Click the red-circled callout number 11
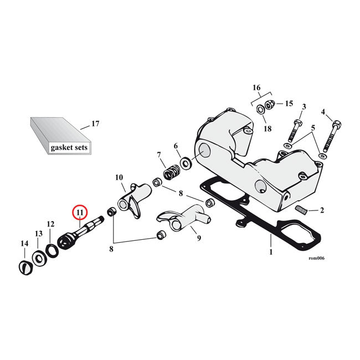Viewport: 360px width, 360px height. pos(80,212)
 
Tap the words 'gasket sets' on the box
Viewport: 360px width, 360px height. pos(69,148)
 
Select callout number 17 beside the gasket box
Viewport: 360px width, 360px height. pos(95,124)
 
